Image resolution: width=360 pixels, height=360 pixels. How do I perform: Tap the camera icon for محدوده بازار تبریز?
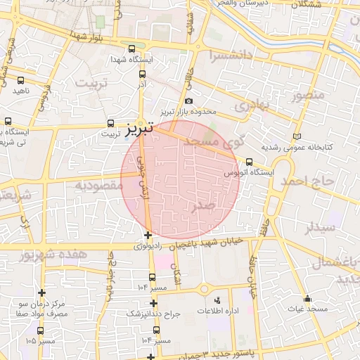click(x=188, y=101)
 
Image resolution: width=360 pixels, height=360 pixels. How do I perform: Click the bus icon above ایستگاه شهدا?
click(x=132, y=49)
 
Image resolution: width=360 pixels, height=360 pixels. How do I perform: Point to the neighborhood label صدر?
click(x=204, y=206)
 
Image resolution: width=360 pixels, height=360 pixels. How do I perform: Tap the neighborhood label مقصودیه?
click(x=98, y=186)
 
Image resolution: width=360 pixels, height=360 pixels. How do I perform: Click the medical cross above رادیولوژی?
click(x=148, y=235)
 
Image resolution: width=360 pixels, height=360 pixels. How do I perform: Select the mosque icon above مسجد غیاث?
click(x=307, y=298)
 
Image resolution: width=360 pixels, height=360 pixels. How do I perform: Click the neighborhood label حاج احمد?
click(x=309, y=181)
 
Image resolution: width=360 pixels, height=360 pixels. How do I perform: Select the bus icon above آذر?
click(x=143, y=73)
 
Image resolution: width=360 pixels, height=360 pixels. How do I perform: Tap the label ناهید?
click(x=22, y=91)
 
